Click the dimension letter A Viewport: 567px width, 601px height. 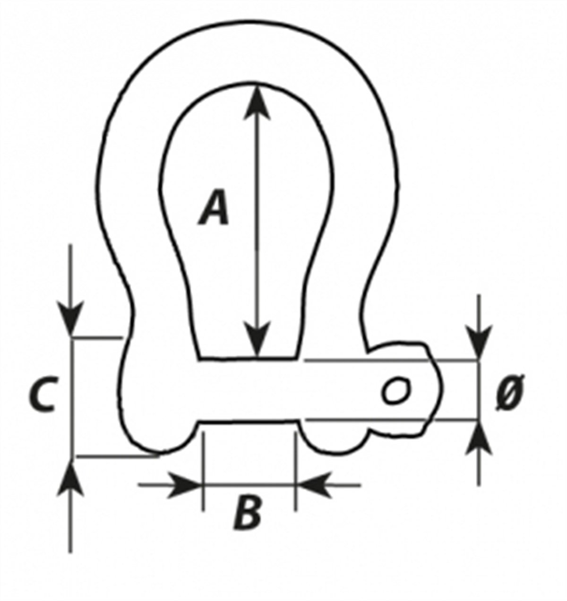pos(214,207)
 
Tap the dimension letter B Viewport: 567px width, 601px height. pos(247,511)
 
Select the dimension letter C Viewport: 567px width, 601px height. pos(43,394)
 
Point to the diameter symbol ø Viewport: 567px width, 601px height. pos(510,393)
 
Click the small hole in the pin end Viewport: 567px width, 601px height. pos(396,390)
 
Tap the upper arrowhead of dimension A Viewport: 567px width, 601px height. pos(257,103)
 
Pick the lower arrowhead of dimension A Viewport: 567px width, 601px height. pos(257,339)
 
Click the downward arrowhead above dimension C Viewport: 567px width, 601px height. pos(70,318)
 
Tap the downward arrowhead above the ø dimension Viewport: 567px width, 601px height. pos(479,343)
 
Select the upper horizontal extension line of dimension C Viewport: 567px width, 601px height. pos(97,337)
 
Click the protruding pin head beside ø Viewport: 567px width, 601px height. pos(424,390)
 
